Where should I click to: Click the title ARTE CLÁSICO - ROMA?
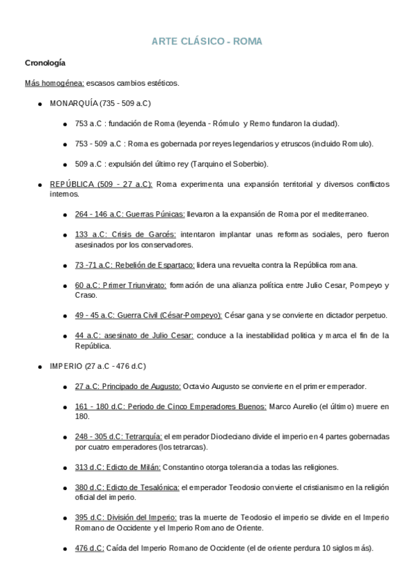[x=207, y=42]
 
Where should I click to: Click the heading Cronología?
[x=45, y=64]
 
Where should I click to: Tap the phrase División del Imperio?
[x=144, y=518]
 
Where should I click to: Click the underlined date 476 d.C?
[x=89, y=548]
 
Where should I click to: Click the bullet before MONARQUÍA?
[x=41, y=103]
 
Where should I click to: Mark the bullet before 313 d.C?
[x=65, y=467]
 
